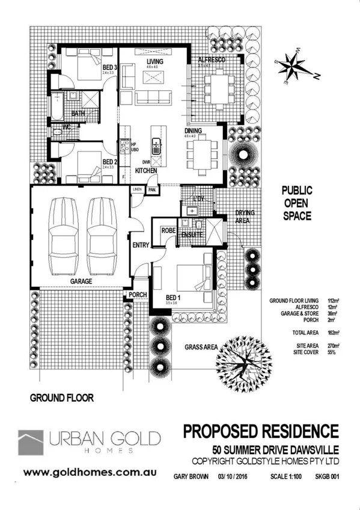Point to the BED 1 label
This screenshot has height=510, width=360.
[x=174, y=296]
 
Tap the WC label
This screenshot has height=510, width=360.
[x=68, y=126]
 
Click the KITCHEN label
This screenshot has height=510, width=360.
[x=145, y=171]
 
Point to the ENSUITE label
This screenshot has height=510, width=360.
[x=191, y=235]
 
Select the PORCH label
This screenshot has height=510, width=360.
[x=138, y=295]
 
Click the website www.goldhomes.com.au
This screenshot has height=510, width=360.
[x=83, y=473]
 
